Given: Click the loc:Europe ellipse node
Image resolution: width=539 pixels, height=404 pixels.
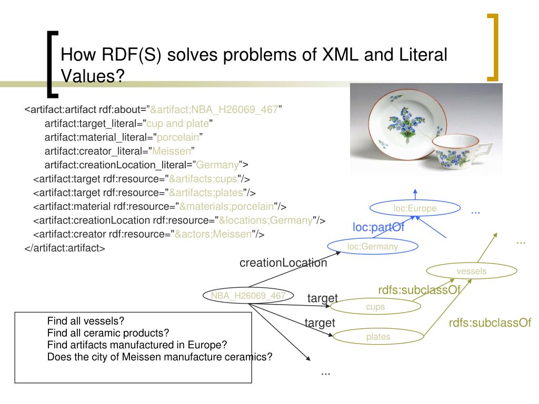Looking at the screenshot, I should coord(415,209).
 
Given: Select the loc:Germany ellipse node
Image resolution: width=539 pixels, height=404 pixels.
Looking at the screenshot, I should coord(373,246).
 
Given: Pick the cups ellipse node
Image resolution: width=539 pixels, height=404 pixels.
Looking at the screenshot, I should coord(375,307).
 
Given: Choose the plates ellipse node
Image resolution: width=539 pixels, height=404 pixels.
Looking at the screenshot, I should coord(378,337).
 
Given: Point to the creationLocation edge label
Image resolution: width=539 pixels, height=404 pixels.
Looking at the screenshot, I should coord(283,262).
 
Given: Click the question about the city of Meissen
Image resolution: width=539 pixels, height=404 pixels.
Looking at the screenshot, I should coord(159,357).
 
